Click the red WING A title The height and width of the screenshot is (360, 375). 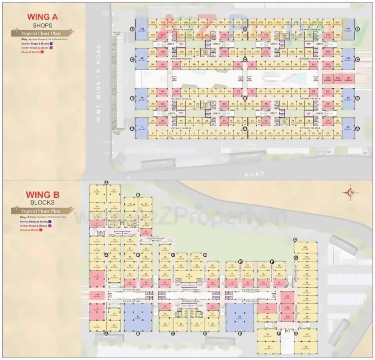[43, 17]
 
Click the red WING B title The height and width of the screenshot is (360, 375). [43, 195]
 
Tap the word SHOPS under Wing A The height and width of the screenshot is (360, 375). [43, 26]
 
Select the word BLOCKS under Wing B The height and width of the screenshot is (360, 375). [43, 203]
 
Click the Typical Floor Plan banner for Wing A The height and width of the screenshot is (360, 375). [43, 33]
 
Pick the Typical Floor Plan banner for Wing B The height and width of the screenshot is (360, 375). [43, 211]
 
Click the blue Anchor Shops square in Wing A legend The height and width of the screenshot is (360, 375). [51, 43]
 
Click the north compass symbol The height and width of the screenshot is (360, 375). [351, 193]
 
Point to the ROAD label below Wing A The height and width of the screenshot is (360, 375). [253, 174]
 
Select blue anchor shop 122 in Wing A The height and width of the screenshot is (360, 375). [142, 29]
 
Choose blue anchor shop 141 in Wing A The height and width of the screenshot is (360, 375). [348, 29]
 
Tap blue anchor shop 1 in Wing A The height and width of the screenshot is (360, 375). [142, 128]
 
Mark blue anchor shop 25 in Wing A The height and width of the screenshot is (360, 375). [348, 128]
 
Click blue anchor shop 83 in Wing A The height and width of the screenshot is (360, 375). [142, 59]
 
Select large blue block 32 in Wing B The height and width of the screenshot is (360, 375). [138, 317]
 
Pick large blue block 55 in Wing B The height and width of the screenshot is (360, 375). [240, 317]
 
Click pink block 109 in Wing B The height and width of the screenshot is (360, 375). [97, 295]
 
